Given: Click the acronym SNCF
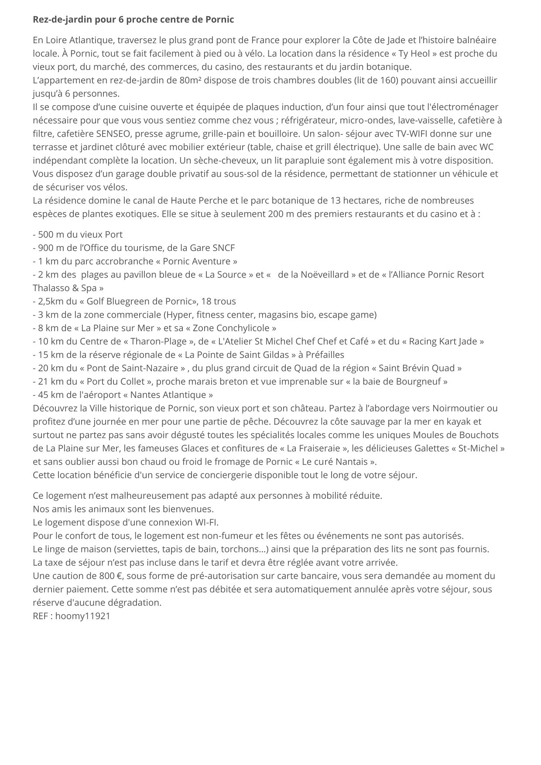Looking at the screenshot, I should (x=224, y=248).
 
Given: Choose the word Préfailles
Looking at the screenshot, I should (x=325, y=355).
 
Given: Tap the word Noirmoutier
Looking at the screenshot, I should (x=459, y=408).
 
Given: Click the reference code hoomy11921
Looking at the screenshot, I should (x=83, y=616).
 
